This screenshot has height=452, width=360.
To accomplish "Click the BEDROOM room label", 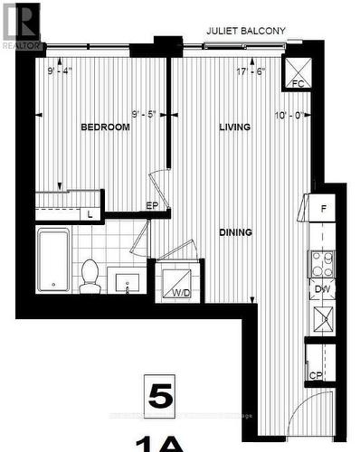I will (105, 127).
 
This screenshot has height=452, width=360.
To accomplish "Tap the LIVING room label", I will (234, 127).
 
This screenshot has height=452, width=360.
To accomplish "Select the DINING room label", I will (234, 232).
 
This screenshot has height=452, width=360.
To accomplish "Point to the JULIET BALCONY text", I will (245, 31).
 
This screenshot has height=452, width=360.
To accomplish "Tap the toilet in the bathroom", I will (90, 276).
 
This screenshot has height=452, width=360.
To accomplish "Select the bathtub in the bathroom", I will (53, 260).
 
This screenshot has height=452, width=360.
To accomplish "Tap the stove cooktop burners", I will (321, 263).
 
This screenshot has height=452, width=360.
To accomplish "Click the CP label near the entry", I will (317, 374).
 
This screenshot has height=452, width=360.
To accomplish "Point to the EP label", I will (153, 207).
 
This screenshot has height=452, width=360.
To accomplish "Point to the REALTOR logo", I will (21, 24).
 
